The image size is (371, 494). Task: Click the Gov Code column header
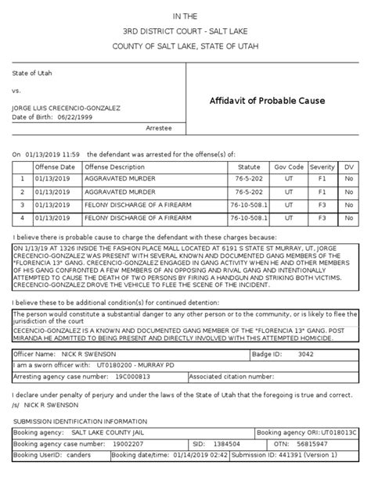tap(289, 166)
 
